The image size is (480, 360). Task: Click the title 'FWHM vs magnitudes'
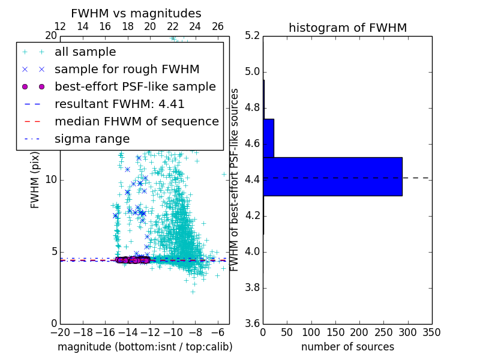click(x=136, y=13)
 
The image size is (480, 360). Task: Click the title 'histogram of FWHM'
click(x=347, y=28)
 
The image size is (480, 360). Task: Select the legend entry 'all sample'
click(x=85, y=52)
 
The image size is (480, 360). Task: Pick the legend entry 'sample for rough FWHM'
click(x=127, y=70)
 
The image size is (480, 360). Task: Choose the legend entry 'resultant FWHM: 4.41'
click(x=119, y=104)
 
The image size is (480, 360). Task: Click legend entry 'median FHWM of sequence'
click(x=136, y=122)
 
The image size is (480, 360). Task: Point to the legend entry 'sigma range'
click(x=92, y=139)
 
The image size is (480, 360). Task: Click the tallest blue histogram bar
click(x=332, y=176)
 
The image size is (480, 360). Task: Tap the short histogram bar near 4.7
click(x=268, y=138)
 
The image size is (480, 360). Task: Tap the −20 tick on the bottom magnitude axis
click(x=60, y=332)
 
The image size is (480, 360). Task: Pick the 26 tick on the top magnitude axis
click(x=218, y=26)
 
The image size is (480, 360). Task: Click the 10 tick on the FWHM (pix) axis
click(x=51, y=179)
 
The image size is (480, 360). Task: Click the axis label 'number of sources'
click(x=347, y=347)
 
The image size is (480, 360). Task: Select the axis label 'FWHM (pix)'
click(x=35, y=181)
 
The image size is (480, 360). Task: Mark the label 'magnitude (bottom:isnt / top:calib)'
click(x=145, y=347)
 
